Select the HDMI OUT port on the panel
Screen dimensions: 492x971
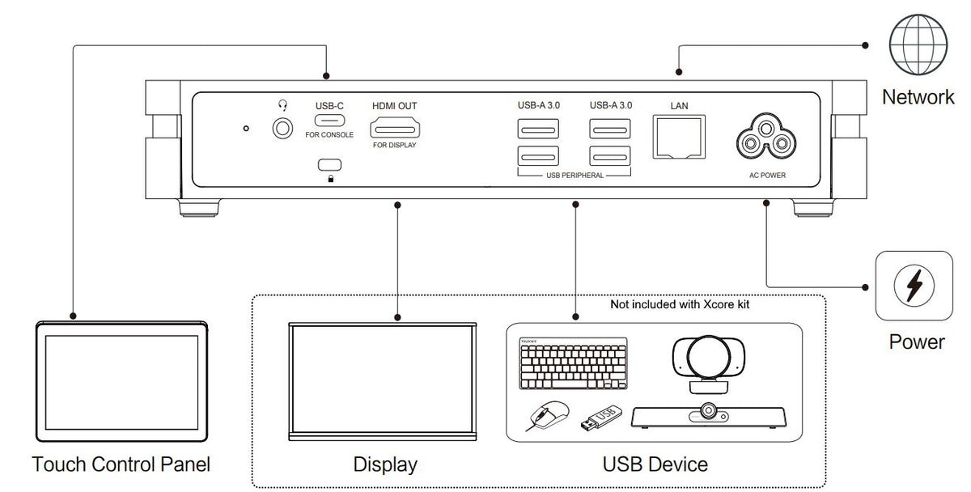(x=394, y=129)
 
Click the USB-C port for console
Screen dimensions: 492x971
(x=329, y=122)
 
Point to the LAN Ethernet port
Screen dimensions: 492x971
(x=678, y=136)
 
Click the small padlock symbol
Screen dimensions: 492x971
(x=330, y=178)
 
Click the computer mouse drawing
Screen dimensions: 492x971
(x=546, y=416)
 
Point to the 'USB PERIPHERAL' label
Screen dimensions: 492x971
(x=575, y=175)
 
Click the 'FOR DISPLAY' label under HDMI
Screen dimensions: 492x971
(x=394, y=146)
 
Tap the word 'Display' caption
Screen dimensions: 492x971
(x=385, y=465)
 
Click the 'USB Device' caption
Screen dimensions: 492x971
(x=655, y=465)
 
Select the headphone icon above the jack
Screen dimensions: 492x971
(x=282, y=104)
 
